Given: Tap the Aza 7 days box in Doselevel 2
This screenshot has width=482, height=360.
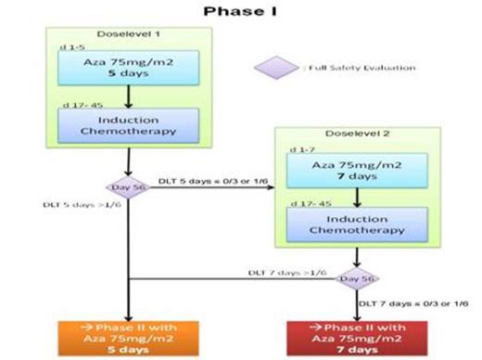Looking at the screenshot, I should [x=357, y=170].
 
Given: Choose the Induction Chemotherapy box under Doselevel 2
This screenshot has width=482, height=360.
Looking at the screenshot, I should [x=357, y=224].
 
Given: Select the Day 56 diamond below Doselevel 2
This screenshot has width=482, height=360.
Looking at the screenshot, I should [x=357, y=277].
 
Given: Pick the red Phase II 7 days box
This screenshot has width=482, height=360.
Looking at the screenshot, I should [x=357, y=337].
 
